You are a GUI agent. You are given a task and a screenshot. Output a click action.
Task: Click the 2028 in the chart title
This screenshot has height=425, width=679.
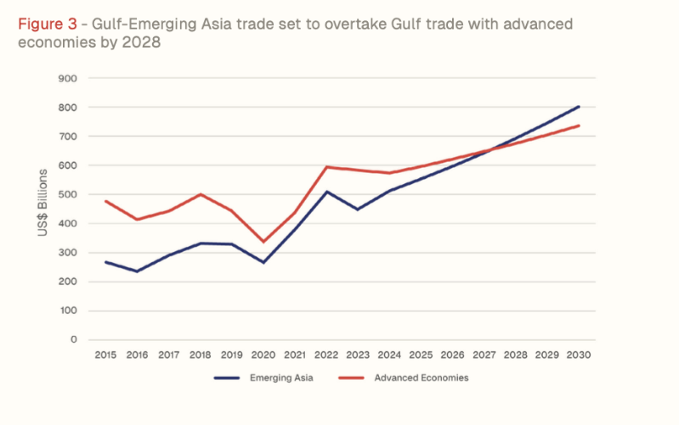(x=139, y=41)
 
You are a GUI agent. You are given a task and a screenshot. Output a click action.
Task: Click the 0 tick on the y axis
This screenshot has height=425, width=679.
(x=74, y=339)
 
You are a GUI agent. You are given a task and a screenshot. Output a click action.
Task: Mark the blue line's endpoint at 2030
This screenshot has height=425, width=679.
(x=579, y=107)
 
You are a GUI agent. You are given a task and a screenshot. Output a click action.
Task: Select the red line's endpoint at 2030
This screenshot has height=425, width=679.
(x=579, y=126)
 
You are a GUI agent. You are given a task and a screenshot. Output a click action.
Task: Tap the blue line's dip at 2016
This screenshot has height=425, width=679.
(x=136, y=271)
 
